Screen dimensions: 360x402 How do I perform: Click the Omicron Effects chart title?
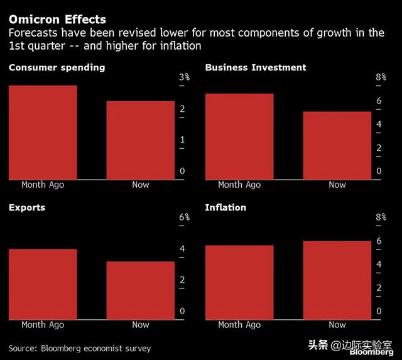[57, 19]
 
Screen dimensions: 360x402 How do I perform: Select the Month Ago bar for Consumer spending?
[43, 132]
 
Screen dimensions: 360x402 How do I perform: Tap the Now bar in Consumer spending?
[141, 140]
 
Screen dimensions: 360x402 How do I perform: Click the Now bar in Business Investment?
[337, 145]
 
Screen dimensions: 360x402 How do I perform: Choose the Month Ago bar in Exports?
[43, 283]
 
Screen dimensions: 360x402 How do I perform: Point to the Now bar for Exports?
[141, 290]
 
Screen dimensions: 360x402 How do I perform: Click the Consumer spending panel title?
[57, 67]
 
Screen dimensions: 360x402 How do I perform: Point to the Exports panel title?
[27, 207]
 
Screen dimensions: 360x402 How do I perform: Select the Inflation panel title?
[225, 207]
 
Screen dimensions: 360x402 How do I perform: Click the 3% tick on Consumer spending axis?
[185, 77]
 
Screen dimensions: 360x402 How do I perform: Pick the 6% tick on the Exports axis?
[185, 217]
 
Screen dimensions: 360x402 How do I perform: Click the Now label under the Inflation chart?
[337, 325]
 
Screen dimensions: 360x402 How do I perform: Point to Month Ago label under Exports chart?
[43, 325]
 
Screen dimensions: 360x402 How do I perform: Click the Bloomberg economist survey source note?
[80, 348]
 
